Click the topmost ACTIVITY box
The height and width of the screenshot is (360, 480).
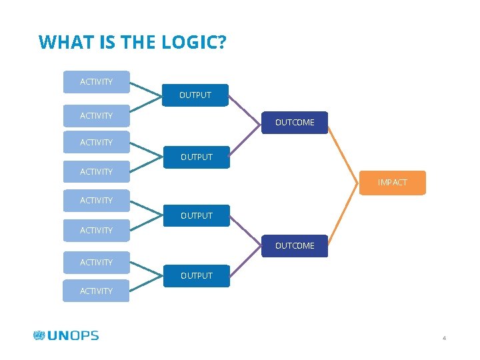pos(96,82)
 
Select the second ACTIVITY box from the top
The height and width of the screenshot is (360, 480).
pos(96,116)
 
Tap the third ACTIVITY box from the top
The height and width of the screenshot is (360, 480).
pos(96,143)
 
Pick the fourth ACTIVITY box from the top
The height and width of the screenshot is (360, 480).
pos(96,172)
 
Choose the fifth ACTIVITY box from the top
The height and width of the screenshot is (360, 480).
pos(96,201)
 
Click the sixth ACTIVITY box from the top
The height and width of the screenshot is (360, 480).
pos(96,231)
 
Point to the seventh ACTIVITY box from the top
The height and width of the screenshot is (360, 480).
pos(96,263)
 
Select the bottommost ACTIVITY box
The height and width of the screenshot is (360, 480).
pos(96,291)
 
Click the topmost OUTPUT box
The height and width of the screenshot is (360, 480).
pos(195,95)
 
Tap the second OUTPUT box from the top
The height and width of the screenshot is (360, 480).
pos(196,157)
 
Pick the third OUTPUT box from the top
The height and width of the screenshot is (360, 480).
pos(196,216)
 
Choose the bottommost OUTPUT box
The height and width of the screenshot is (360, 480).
pos(196,276)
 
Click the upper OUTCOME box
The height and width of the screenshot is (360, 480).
pos(295,123)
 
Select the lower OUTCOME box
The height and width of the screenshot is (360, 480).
pos(295,246)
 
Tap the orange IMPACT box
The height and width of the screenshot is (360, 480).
pos(393,183)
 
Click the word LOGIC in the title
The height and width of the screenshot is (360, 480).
pos(193,43)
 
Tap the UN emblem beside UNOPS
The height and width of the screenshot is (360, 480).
pos(39,335)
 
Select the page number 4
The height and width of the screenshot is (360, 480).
pos(444,339)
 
